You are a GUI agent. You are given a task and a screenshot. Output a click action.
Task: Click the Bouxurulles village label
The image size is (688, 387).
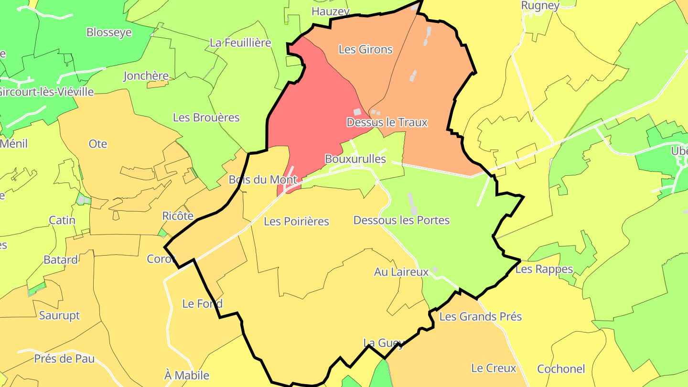(x=355, y=159)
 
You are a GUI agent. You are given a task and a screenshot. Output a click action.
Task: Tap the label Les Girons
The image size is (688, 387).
(x=365, y=49)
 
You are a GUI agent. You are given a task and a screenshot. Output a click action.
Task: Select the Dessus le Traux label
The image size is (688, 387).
(x=387, y=122)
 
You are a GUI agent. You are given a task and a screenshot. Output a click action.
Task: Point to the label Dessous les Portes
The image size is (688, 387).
(x=401, y=220)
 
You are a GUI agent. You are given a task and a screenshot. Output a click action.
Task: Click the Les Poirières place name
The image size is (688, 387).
(x=296, y=221)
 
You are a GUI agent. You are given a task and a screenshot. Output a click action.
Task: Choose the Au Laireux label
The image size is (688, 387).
(x=401, y=272)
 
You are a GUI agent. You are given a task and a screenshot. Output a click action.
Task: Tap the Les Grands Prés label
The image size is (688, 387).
(x=480, y=316)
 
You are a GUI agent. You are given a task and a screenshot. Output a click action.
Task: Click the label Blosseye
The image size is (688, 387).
(x=109, y=32)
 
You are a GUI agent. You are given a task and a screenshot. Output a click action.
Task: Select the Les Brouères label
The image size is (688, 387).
(x=206, y=117)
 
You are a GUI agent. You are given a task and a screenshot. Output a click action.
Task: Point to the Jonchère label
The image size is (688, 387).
(x=146, y=75)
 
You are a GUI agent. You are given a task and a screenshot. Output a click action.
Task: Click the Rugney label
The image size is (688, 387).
(x=540, y=6)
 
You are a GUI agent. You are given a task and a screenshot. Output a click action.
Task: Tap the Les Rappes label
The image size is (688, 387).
(x=544, y=269)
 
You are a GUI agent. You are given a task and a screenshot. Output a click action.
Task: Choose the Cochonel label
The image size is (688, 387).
(x=561, y=369)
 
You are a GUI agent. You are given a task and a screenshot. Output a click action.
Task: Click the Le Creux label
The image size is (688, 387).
(x=494, y=368)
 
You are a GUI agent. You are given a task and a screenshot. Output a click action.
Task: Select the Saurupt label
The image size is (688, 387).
(x=59, y=315)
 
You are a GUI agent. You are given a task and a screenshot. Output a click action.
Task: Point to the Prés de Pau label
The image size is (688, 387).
(x=64, y=358)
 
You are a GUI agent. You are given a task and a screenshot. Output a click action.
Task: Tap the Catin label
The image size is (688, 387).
(x=62, y=220)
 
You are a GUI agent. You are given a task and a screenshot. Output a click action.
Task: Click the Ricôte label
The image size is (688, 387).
(x=178, y=215)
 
